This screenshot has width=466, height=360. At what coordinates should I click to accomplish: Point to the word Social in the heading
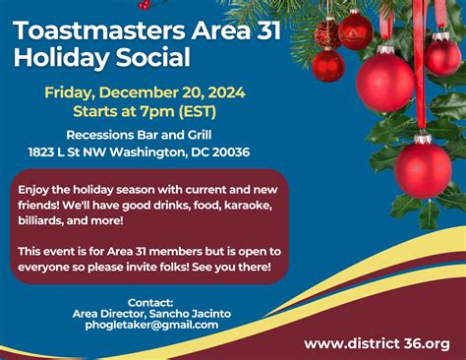pyautogui.click(x=155, y=58)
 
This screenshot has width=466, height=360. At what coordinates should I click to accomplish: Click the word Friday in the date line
pyautogui.click(x=72, y=92)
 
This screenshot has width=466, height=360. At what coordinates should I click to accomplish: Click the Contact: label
pyautogui.click(x=150, y=302)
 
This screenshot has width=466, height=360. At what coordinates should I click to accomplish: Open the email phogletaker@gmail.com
pyautogui.click(x=151, y=325)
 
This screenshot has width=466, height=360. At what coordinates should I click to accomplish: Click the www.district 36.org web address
pyautogui.click(x=377, y=343)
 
